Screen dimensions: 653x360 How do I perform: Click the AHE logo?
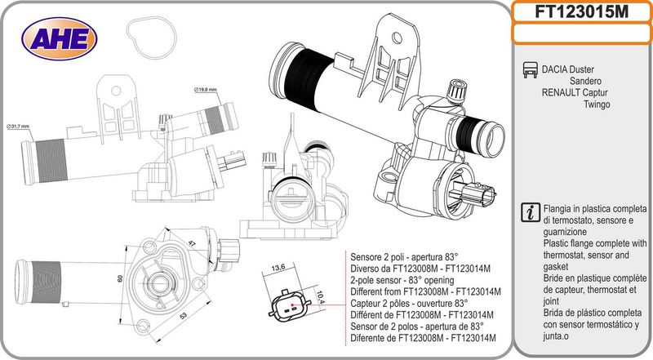tap(60, 38)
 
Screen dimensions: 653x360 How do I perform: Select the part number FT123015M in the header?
tap(581, 11)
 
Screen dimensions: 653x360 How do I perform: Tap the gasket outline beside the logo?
tap(151, 38)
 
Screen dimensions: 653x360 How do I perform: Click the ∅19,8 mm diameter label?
tap(206, 90)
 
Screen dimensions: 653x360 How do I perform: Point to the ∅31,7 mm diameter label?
tap(18, 127)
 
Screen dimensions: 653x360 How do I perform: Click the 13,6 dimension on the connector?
tap(278, 268)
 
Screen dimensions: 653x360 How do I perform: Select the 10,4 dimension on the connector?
tap(319, 296)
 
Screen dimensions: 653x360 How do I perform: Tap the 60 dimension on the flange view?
tap(120, 278)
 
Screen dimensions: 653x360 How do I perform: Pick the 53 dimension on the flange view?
tap(184, 316)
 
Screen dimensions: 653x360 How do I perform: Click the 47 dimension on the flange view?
tap(192, 243)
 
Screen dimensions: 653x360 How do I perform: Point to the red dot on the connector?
tap(292, 304)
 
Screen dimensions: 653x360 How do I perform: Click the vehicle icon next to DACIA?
tap(530, 69)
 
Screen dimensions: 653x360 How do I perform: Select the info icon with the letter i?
tap(531, 212)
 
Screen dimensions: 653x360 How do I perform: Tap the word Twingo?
tap(597, 104)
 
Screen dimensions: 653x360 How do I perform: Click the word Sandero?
tap(585, 81)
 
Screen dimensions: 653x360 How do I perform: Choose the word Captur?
tap(595, 92)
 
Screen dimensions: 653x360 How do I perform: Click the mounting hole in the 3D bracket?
tap(398, 38)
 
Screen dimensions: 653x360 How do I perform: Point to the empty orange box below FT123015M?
tap(582, 33)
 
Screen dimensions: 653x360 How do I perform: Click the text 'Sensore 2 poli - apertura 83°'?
tap(404, 256)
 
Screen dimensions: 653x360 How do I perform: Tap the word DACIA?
tap(554, 69)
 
